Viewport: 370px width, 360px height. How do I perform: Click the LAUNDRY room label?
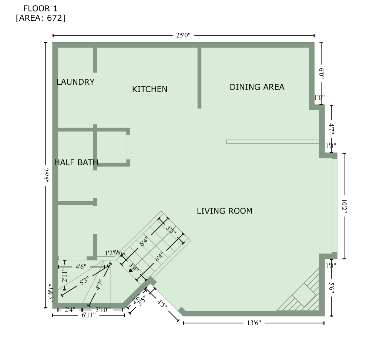tap(75, 82)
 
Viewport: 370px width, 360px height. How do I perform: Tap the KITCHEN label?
tap(149, 89)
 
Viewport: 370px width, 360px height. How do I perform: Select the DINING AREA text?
tap(257, 87)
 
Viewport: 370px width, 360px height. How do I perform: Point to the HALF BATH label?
tap(76, 162)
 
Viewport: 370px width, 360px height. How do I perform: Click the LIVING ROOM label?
tap(224, 211)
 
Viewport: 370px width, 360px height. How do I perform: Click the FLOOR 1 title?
tap(40, 8)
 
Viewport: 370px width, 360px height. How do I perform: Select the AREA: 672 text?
tap(41, 18)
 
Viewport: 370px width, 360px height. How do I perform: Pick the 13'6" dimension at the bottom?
tap(254, 323)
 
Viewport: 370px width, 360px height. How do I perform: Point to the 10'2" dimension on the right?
tap(344, 206)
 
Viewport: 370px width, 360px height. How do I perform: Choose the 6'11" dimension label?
tap(89, 315)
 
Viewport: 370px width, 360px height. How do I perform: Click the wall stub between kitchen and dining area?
tap(199, 78)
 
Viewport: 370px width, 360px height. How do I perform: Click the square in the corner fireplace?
tap(304, 295)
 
